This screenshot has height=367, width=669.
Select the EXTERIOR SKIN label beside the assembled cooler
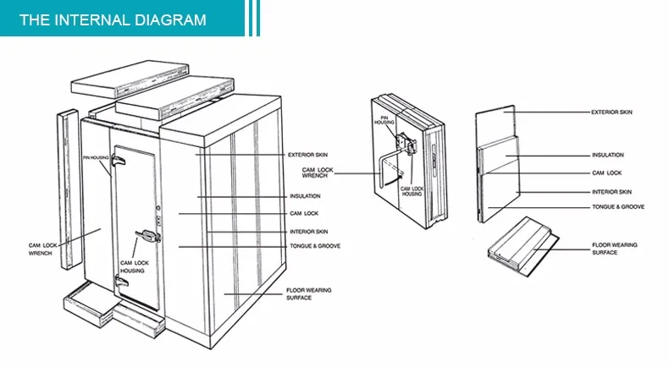pyautogui.click(x=308, y=156)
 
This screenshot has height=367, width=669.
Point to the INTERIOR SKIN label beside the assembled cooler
pyautogui.click(x=308, y=231)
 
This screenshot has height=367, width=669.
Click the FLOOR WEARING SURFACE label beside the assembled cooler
pyautogui.click(x=308, y=293)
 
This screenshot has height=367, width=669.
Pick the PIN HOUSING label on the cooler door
pyautogui.click(x=94, y=157)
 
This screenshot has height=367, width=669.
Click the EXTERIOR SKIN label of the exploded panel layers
pyautogui.click(x=611, y=112)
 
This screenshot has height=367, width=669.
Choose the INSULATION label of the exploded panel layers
pyautogui.click(x=607, y=156)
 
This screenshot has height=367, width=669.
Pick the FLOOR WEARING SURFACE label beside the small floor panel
pyautogui.click(x=614, y=249)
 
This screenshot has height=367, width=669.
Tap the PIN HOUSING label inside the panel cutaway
pyautogui.click(x=384, y=123)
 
